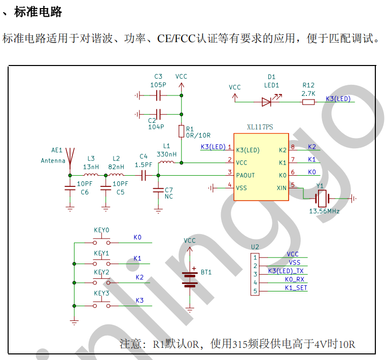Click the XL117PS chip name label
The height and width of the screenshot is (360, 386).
click(260, 127)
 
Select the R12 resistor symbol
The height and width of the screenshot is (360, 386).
click(308, 102)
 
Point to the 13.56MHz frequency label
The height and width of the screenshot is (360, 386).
click(324, 211)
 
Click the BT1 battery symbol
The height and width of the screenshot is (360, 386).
click(190, 279)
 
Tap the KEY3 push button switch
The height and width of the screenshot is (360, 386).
click(101, 305)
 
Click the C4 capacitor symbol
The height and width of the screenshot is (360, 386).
click(144, 175)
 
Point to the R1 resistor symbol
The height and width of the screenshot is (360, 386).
click(181, 132)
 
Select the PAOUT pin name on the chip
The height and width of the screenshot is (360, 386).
click(245, 175)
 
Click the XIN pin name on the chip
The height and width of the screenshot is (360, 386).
click(282, 187)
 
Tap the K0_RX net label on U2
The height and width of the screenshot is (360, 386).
click(294, 279)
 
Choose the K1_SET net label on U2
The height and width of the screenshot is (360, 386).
click(295, 288)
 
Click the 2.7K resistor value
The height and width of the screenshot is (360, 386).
click(308, 94)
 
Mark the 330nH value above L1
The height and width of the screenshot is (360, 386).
click(166, 154)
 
